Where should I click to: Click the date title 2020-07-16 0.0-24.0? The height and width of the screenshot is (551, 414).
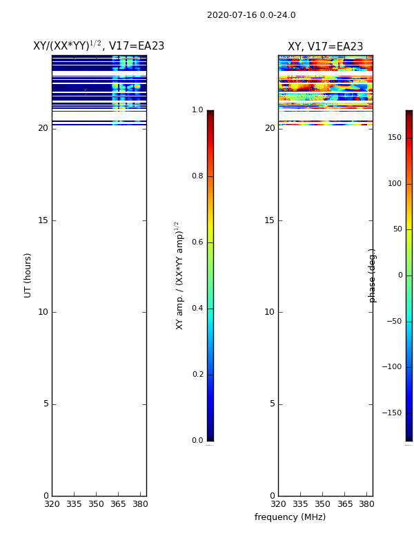251,15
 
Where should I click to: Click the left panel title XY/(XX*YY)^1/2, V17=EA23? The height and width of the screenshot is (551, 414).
99,45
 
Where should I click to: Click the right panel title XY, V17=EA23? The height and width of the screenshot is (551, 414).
325,46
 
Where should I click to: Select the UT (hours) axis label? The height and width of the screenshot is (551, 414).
28,275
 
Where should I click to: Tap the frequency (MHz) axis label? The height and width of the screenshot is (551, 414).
290,517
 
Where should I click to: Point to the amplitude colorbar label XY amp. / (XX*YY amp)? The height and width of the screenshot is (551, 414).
179,275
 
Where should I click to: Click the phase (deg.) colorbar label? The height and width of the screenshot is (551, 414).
372,275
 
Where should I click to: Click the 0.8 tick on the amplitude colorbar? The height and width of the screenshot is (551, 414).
197,176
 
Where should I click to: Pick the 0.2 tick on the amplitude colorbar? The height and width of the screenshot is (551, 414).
197,374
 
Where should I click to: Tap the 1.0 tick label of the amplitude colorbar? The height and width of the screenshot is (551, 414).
197,110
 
